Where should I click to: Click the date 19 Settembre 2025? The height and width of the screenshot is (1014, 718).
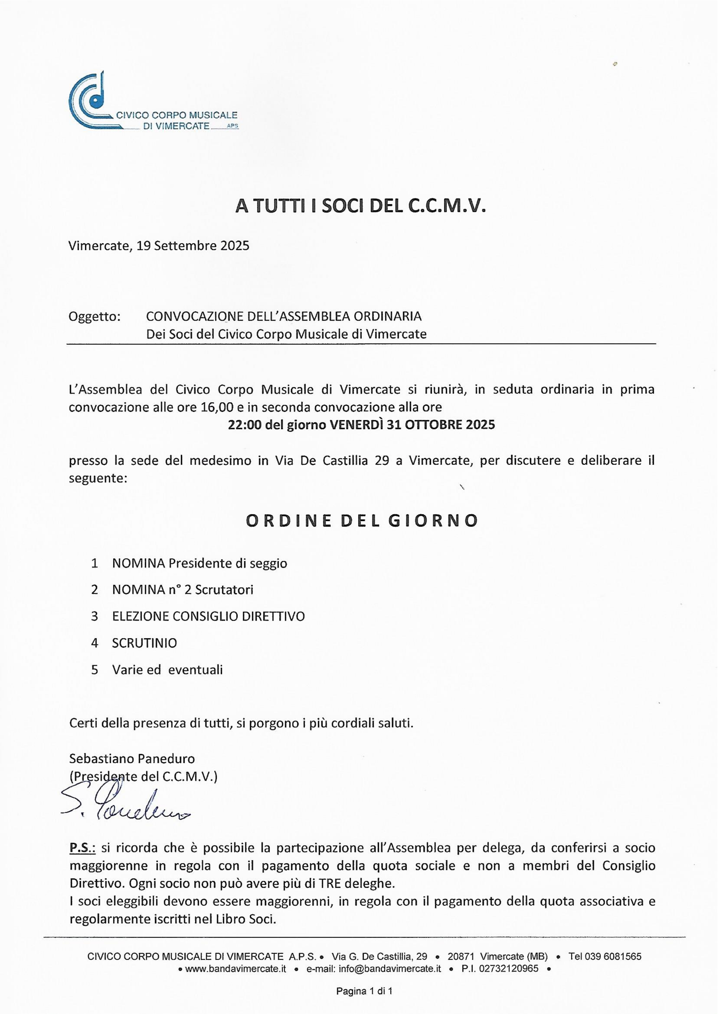coord(193,245)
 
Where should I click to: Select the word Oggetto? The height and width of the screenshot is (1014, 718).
coord(95,316)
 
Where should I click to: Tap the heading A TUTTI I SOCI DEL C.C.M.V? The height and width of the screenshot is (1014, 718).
coord(361,206)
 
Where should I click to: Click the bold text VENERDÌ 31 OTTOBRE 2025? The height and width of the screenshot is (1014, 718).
coord(413,425)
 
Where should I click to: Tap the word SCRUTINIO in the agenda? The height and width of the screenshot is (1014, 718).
coord(145,643)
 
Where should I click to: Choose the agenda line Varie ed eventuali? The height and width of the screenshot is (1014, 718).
coord(167,670)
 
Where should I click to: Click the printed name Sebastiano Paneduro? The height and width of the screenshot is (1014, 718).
coord(132,759)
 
